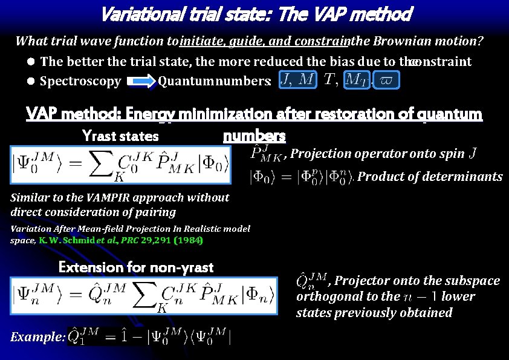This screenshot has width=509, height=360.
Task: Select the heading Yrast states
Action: [120, 136]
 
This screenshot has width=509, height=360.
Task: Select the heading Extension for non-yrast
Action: [136, 267]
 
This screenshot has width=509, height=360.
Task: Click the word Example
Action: [36, 337]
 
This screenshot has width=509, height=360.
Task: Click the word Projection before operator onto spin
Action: [319, 154]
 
